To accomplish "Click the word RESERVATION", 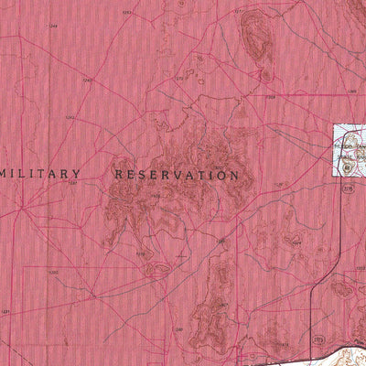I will click(x=177, y=172).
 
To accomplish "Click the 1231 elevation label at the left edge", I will click(x=7, y=312).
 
